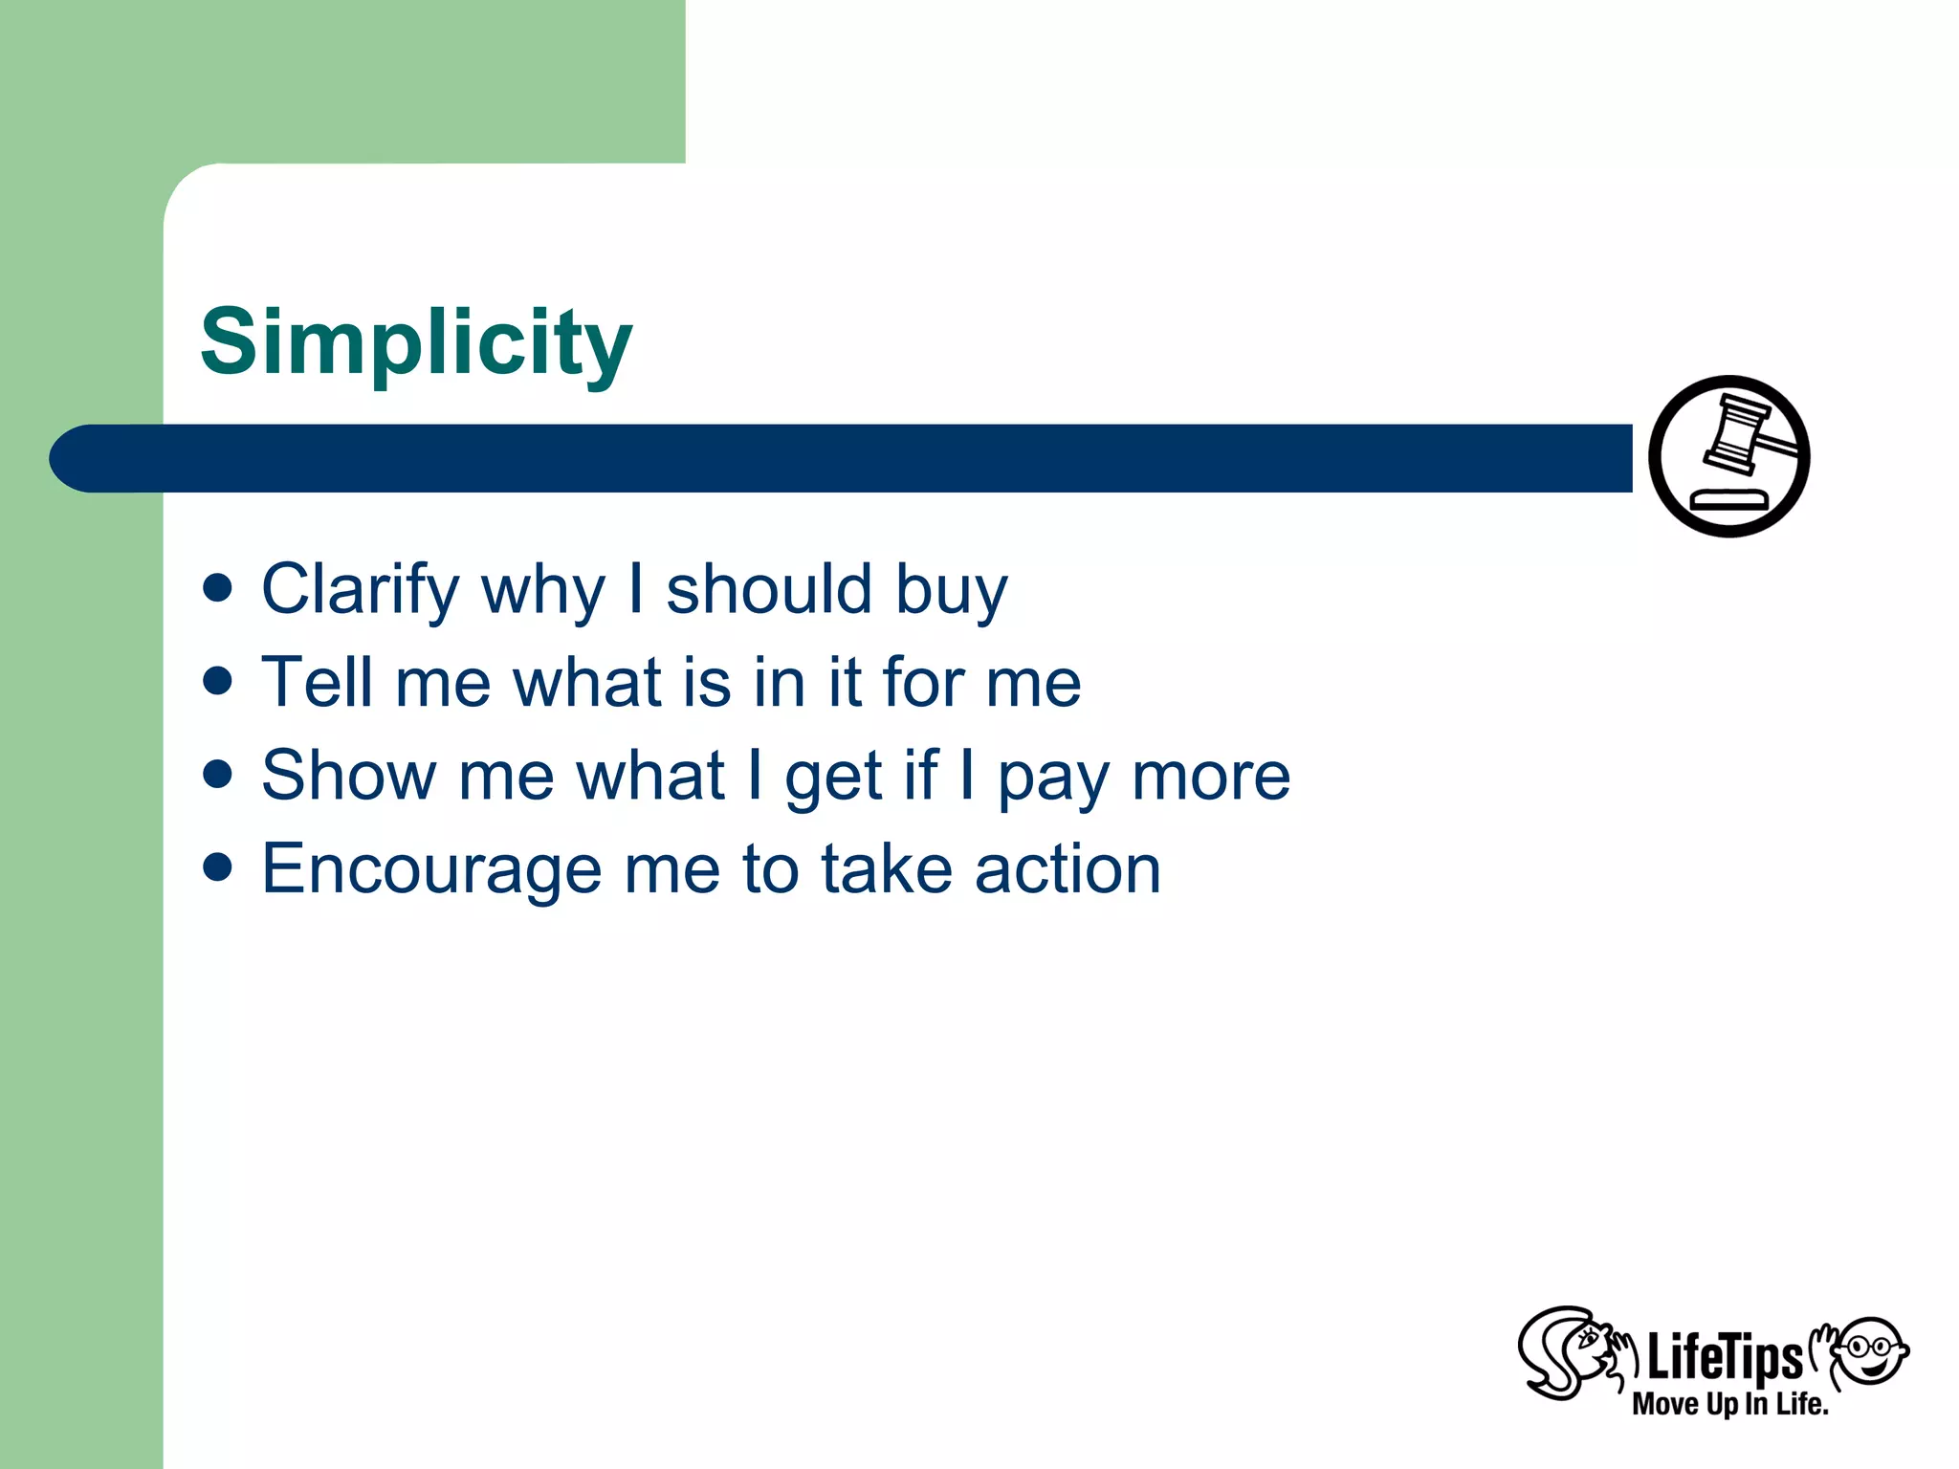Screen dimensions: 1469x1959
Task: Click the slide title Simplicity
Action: [416, 342]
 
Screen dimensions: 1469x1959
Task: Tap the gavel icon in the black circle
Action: [1728, 456]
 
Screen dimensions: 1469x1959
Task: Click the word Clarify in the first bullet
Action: [361, 590]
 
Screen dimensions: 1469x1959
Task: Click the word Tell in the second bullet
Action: [317, 683]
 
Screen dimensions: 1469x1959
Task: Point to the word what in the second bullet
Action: [587, 683]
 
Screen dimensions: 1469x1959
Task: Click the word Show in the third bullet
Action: [348, 776]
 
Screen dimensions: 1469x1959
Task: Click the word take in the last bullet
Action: [886, 868]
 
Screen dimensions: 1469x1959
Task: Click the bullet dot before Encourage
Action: [218, 866]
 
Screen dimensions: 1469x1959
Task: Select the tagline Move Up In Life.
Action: [1729, 1404]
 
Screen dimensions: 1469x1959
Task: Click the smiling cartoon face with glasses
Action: [1871, 1350]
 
